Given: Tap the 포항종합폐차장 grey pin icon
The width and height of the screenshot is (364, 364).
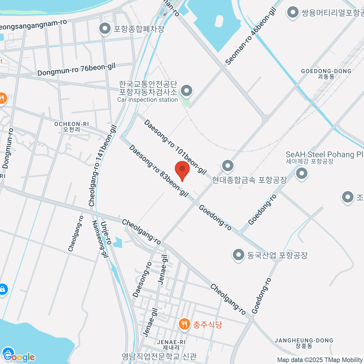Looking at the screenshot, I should pyautogui.click(x=105, y=29).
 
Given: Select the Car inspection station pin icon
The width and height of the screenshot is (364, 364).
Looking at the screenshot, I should pyautogui.click(x=186, y=90).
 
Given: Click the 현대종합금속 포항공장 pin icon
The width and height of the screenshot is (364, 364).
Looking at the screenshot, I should pyautogui.click(x=227, y=166).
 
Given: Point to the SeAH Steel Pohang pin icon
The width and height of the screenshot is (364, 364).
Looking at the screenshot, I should pyautogui.click(x=302, y=174).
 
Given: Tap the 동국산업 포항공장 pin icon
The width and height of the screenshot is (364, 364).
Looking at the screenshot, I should pyautogui.click(x=238, y=254).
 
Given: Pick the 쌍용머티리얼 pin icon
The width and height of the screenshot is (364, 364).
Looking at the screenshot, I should pyautogui.click(x=292, y=12).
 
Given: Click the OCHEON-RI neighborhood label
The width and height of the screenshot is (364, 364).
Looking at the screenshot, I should pyautogui.click(x=72, y=126).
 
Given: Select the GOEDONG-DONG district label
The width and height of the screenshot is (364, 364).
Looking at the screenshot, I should pyautogui.click(x=326, y=74).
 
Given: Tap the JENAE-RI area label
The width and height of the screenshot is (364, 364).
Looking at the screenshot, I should pyautogui.click(x=171, y=345).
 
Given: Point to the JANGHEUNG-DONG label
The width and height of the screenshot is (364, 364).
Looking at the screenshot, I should pyautogui.click(x=304, y=343).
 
